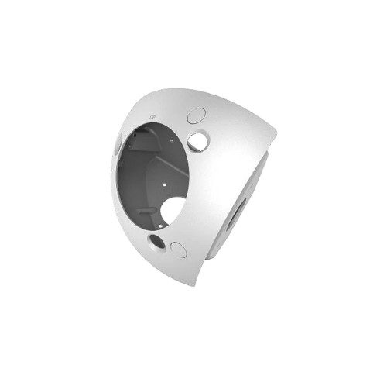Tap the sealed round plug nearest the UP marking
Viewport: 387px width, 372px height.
point(196,115)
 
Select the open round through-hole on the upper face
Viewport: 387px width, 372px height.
point(198,141)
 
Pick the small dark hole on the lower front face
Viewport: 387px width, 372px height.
point(157,241)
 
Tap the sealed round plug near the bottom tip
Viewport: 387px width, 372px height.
point(178,250)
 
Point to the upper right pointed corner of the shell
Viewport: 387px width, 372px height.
point(275,139)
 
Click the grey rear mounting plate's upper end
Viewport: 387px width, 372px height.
point(263,159)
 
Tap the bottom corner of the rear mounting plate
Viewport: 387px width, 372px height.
point(211,256)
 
